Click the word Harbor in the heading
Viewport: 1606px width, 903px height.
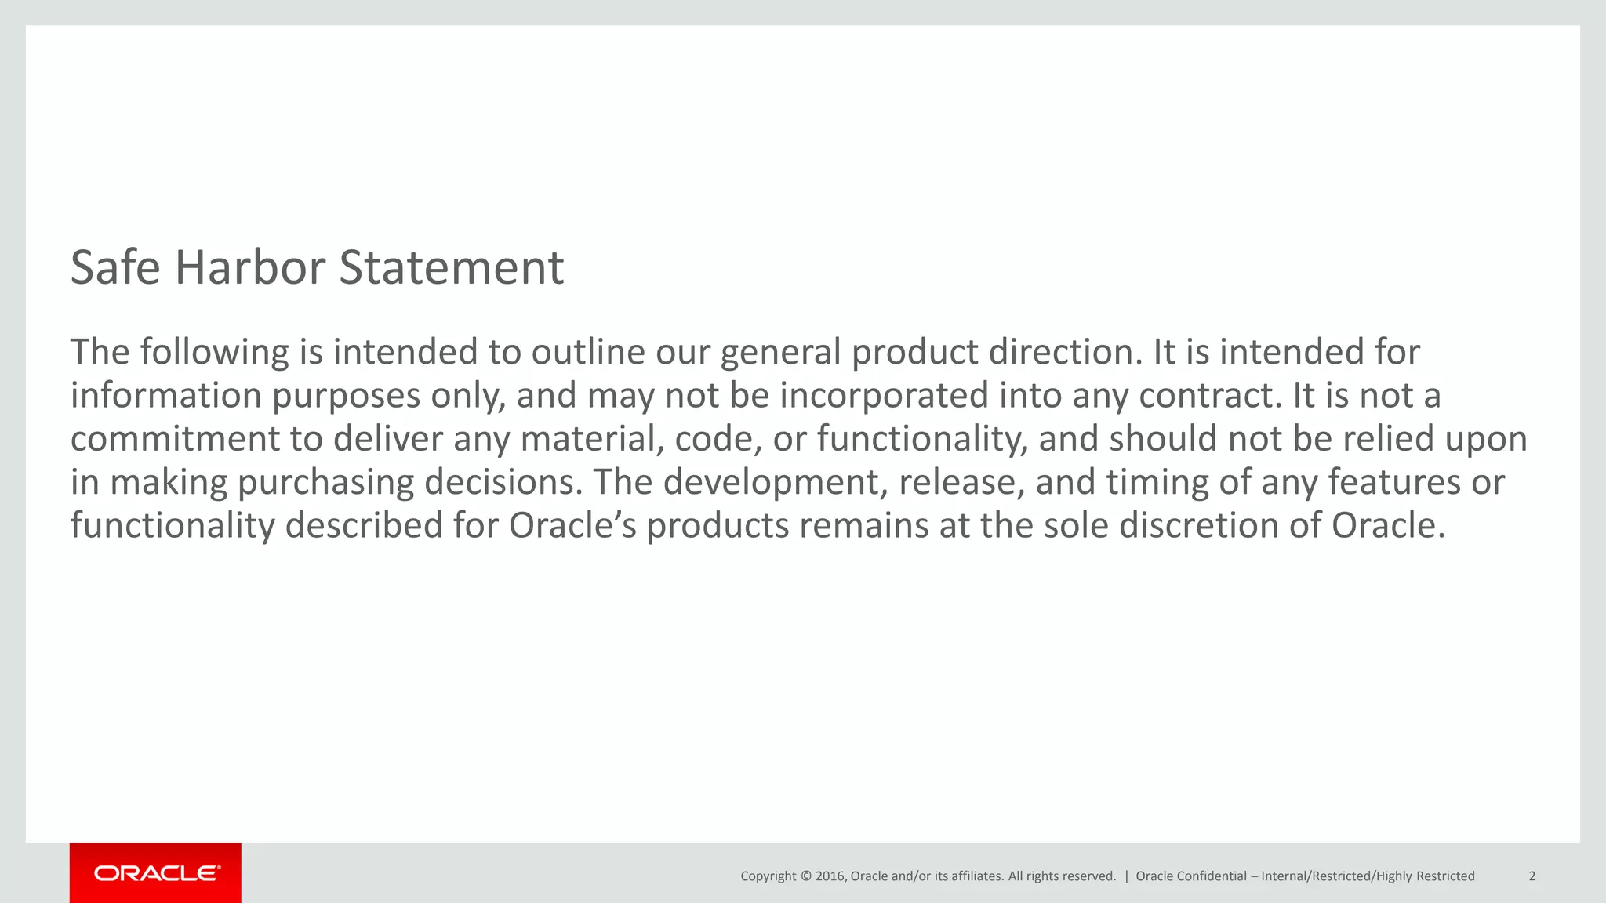249,268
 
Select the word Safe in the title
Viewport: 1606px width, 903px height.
115,268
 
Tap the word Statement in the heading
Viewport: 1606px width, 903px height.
451,268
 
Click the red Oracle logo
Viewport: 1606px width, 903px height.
155,873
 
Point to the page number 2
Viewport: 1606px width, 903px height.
1532,876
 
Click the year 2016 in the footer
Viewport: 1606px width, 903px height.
830,876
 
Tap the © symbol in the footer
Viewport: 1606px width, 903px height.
805,876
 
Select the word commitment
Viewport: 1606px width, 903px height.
175,439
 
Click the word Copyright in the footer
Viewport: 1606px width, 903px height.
768,876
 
